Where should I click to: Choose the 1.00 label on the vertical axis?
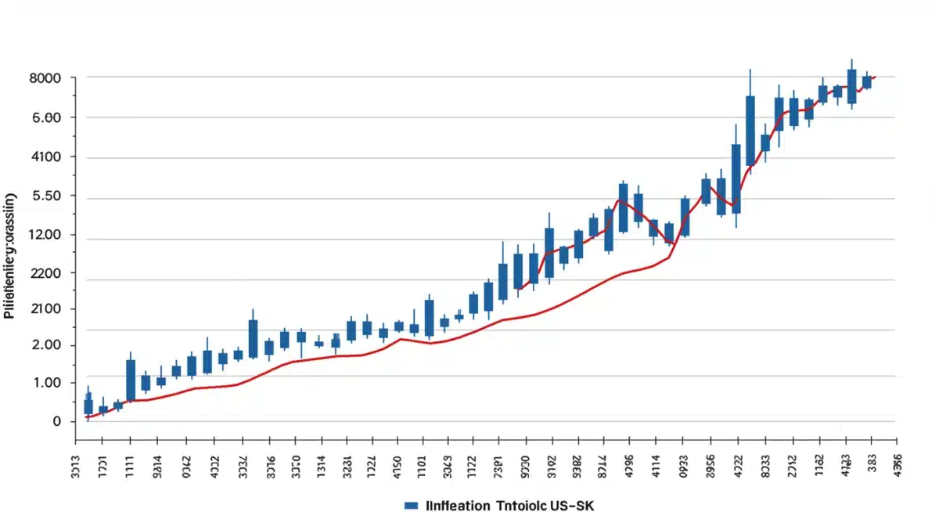[x=45, y=383]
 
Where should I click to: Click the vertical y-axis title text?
[x=9, y=254]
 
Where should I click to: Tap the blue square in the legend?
[x=410, y=505]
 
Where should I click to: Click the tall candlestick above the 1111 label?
[x=131, y=380]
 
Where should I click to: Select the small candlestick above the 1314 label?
[x=318, y=344]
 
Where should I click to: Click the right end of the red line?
[x=875, y=77]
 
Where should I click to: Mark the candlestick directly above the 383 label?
[x=867, y=81]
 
